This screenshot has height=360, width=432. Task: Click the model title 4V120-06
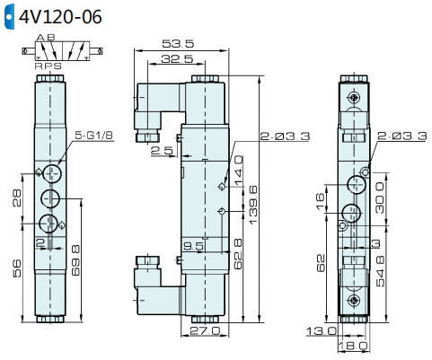60,17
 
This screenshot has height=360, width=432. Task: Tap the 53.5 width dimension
178,44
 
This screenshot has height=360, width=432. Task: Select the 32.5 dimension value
177,59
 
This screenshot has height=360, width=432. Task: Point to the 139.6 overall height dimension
253,205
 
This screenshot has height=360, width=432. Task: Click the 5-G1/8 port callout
93,136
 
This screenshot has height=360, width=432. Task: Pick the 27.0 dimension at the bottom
205,330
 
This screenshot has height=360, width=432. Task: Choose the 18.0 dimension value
353,347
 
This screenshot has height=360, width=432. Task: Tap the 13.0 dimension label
322,331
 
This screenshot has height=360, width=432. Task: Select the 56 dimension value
17,268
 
